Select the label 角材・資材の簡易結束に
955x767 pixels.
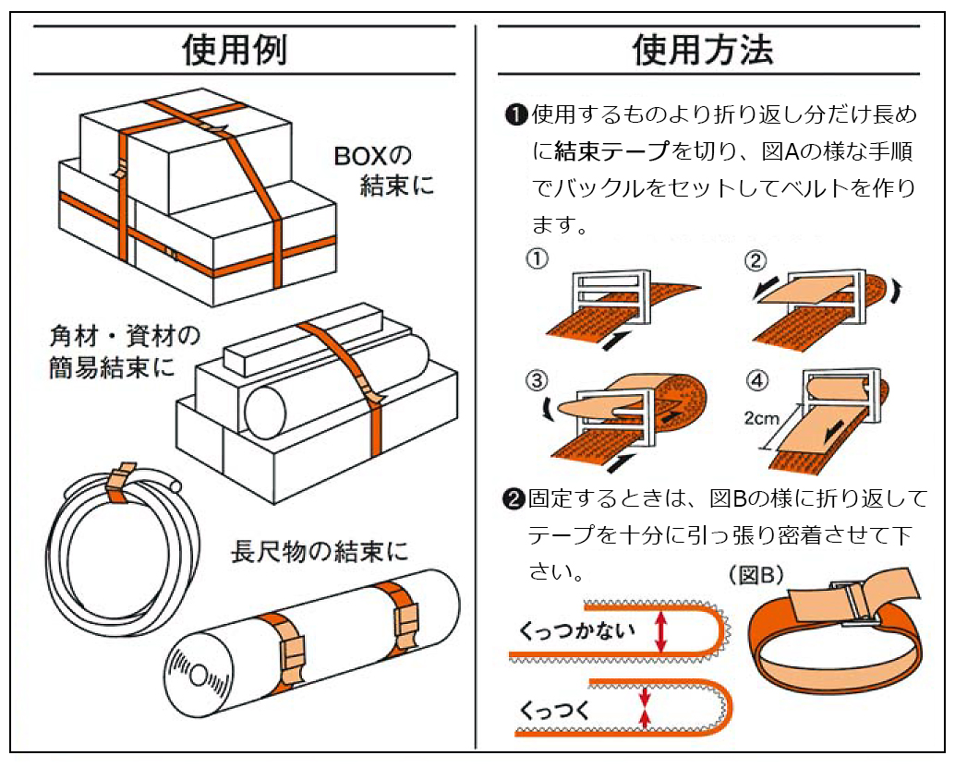[124, 352]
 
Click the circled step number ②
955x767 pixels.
[756, 259]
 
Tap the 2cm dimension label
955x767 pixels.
[761, 417]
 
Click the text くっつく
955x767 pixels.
[554, 711]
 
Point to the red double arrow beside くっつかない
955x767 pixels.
[660, 631]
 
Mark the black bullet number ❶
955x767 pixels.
[515, 115]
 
